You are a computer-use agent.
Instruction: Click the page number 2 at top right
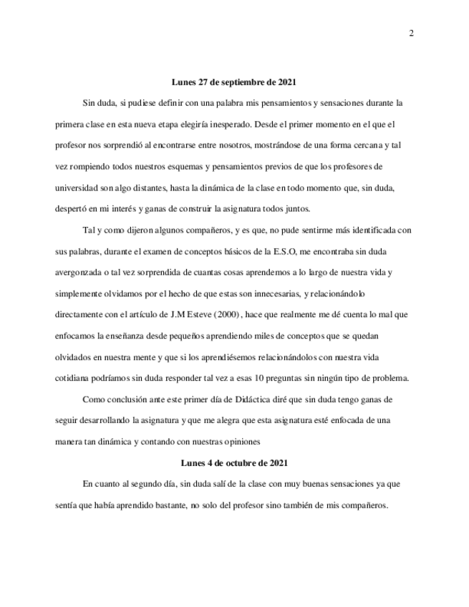412,33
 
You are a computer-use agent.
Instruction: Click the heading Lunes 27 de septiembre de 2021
234,82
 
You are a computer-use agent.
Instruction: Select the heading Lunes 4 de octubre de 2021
234,464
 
